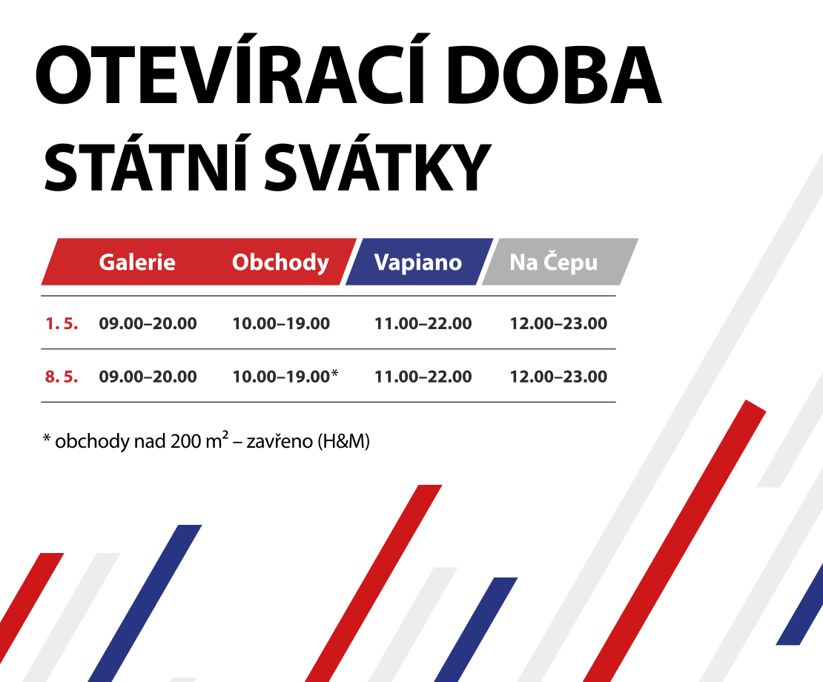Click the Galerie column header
point(137,262)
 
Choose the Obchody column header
point(280,262)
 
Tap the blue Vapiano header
point(418,262)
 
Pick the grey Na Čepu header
point(554,262)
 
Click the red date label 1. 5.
point(62,324)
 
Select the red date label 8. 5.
point(62,377)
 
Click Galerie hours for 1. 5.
point(148,324)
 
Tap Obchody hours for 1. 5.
point(281,324)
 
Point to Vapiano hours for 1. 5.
point(423,324)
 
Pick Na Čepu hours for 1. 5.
point(558,324)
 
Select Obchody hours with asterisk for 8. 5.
point(285,377)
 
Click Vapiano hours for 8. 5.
point(423,377)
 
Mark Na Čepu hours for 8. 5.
point(558,377)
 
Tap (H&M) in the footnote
point(343,442)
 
